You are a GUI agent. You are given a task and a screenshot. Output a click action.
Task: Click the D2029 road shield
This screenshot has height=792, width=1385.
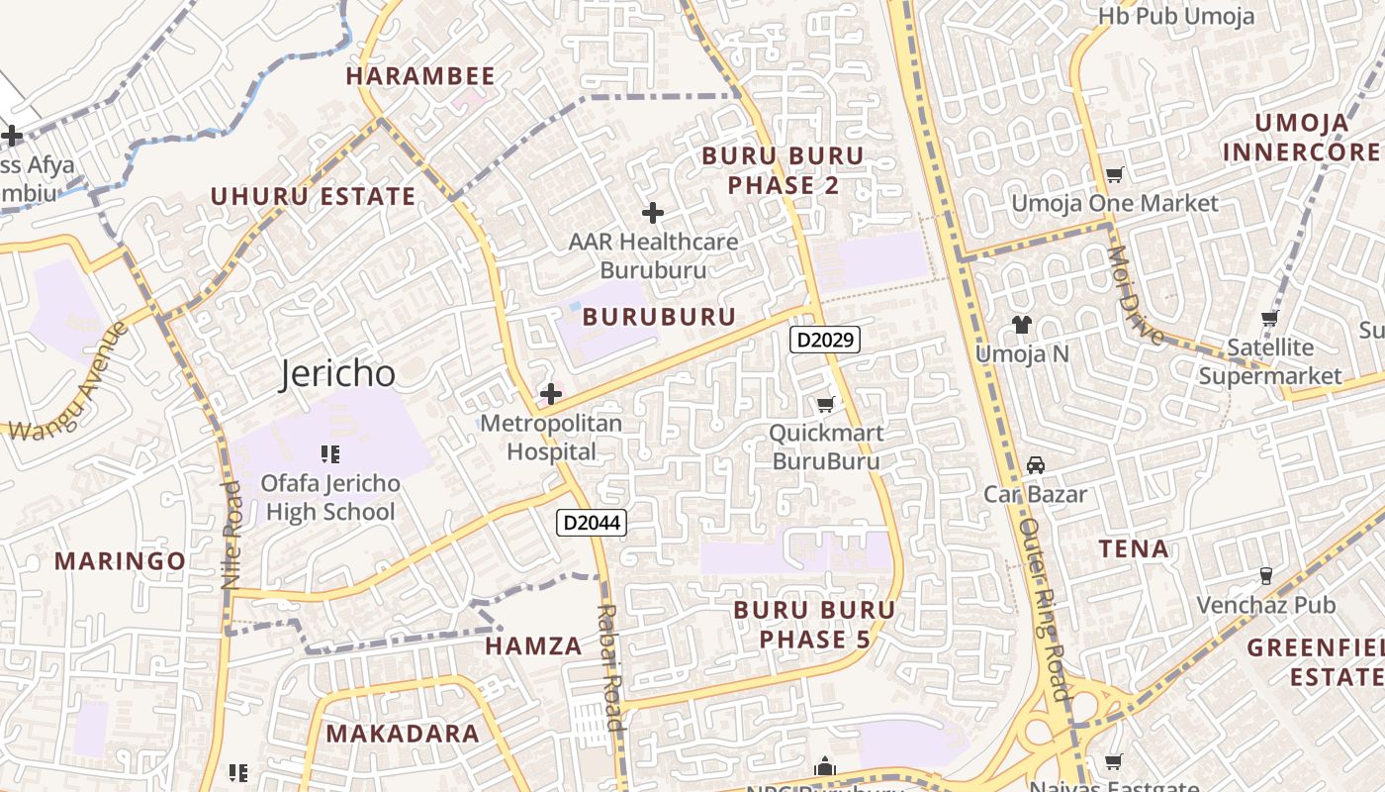pyautogui.click(x=825, y=340)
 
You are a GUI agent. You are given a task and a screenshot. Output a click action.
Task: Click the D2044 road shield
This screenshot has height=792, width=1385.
pyautogui.click(x=592, y=522)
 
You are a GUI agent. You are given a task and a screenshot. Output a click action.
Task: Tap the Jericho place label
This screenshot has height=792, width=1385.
pyautogui.click(x=338, y=374)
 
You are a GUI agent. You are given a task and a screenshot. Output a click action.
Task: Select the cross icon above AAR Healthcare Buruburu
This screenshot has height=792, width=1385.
pyautogui.click(x=653, y=212)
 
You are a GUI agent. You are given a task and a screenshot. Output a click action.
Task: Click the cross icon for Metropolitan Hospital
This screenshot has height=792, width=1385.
pyautogui.click(x=551, y=394)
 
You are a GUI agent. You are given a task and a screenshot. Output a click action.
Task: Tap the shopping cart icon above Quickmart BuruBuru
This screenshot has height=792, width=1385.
pyautogui.click(x=825, y=404)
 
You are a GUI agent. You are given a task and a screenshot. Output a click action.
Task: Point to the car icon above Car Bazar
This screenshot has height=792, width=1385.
pyautogui.click(x=1035, y=464)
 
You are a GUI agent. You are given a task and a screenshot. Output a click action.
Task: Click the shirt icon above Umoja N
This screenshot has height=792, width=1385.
pyautogui.click(x=1022, y=324)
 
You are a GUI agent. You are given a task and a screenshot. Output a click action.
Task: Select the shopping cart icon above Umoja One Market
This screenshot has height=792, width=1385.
pyautogui.click(x=1115, y=174)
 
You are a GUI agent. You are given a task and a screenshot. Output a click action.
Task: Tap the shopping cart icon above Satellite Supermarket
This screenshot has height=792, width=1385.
pyautogui.click(x=1270, y=318)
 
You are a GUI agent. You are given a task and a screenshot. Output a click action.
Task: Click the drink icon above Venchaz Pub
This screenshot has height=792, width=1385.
pyautogui.click(x=1265, y=575)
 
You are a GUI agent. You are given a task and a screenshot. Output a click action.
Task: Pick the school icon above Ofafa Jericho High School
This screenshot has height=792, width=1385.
pyautogui.click(x=330, y=454)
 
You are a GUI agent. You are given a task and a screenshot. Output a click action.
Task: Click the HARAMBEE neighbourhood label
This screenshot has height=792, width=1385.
pyautogui.click(x=420, y=76)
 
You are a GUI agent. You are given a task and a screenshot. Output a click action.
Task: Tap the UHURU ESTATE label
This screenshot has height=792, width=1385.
pyautogui.click(x=313, y=196)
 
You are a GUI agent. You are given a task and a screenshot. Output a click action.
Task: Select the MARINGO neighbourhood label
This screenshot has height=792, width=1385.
pyautogui.click(x=120, y=561)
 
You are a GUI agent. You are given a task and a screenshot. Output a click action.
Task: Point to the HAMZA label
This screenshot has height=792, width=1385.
pyautogui.click(x=533, y=646)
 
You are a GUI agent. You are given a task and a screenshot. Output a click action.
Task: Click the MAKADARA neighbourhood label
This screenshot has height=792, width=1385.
pyautogui.click(x=403, y=734)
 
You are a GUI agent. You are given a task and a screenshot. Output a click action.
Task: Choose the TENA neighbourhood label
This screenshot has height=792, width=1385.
pyautogui.click(x=1134, y=548)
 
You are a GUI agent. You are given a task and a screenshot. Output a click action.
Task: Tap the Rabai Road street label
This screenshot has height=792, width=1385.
pyautogui.click(x=611, y=667)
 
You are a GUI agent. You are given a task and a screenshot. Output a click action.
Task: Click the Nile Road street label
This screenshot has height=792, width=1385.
pyautogui.click(x=232, y=536)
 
